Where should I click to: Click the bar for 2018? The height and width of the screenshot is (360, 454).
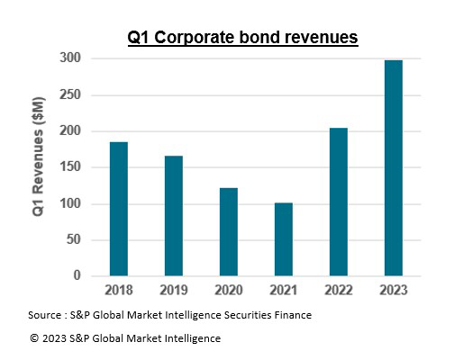click(119, 209)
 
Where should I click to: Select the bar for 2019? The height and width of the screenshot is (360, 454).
click(174, 216)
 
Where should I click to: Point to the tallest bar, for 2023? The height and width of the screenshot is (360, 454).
click(394, 167)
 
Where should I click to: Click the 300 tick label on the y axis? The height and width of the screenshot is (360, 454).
click(70, 58)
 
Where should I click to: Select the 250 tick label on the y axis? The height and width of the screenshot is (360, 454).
click(70, 94)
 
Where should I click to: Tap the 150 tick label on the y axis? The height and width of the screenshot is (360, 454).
click(70, 167)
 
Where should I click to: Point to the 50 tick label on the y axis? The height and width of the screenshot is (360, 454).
click(74, 239)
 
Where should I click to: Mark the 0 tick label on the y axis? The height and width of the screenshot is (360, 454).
click(77, 275)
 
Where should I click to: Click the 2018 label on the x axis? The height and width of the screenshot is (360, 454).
click(119, 291)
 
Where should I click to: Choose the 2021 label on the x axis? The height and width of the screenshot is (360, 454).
click(284, 291)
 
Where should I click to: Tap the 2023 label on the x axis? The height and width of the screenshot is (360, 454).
click(394, 291)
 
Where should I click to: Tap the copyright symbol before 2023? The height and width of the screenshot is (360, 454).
click(33, 338)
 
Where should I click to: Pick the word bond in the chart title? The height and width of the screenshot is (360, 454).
click(268, 37)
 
